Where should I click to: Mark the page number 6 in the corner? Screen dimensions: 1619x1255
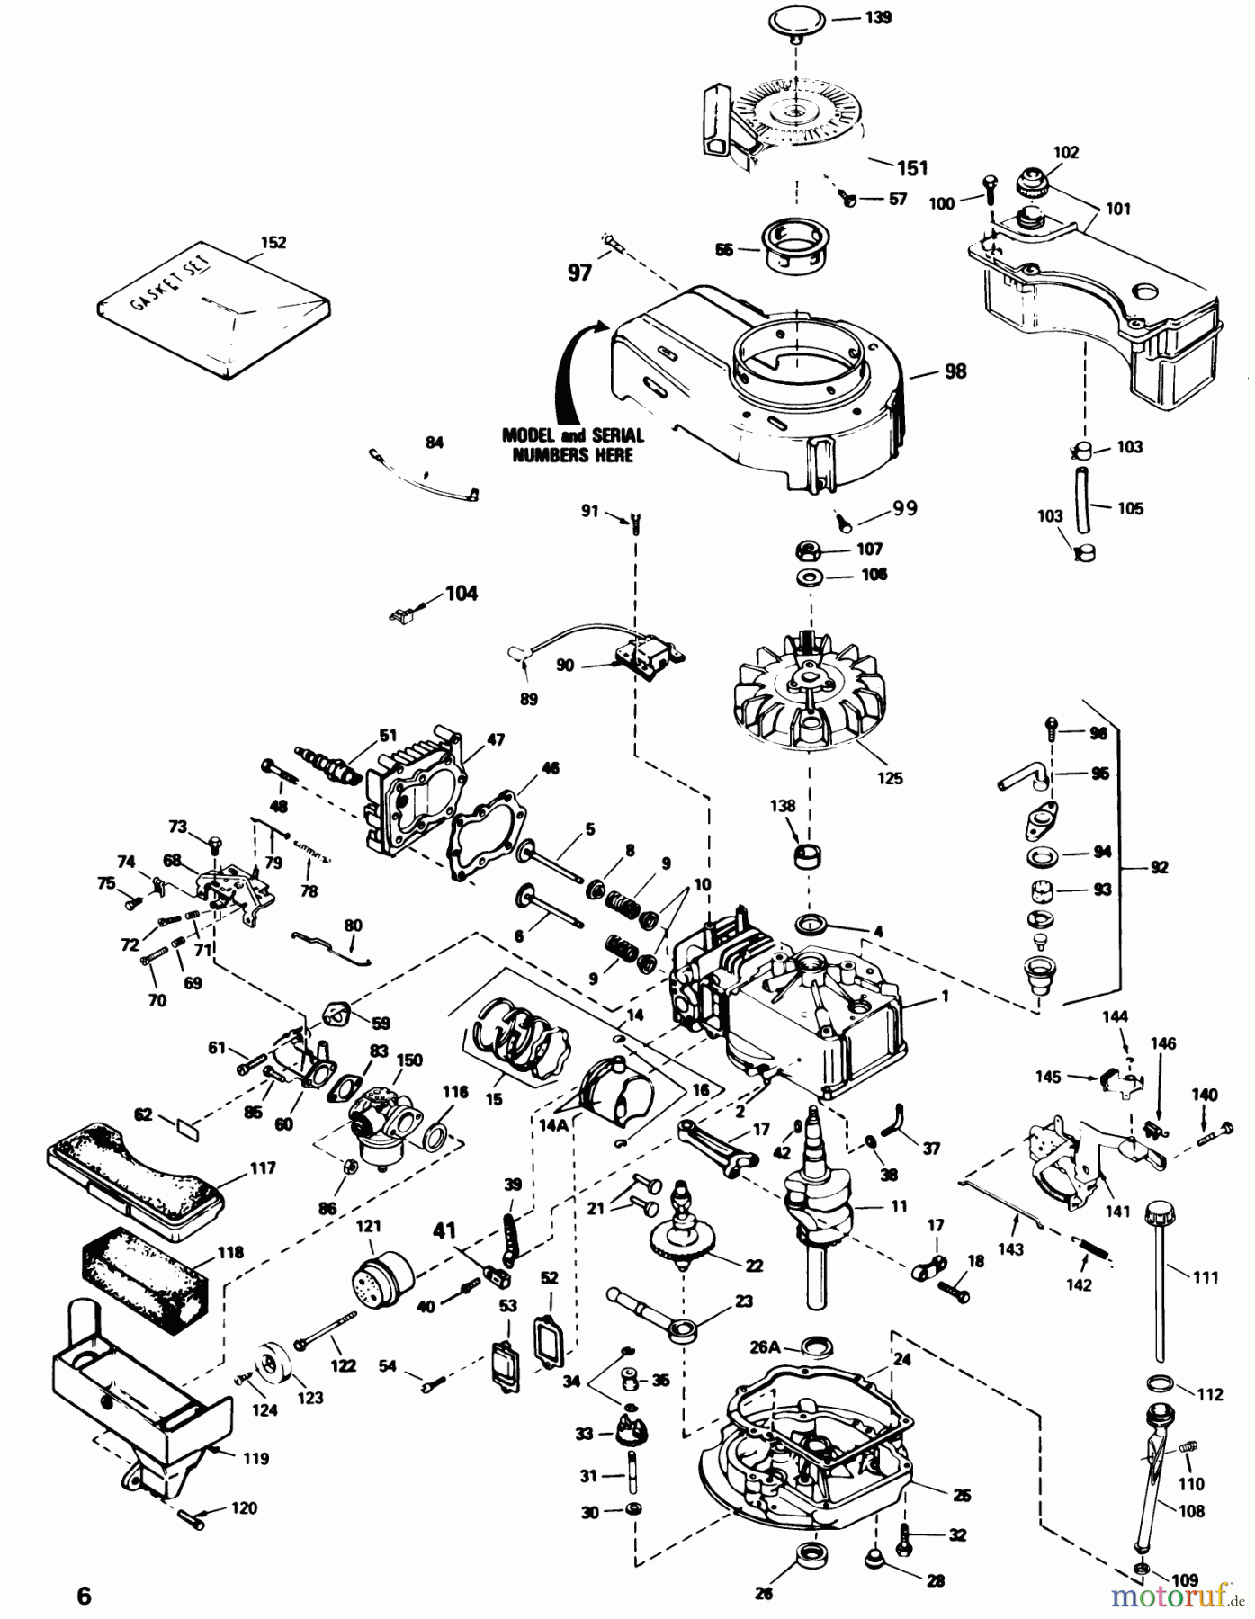(83, 1596)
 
